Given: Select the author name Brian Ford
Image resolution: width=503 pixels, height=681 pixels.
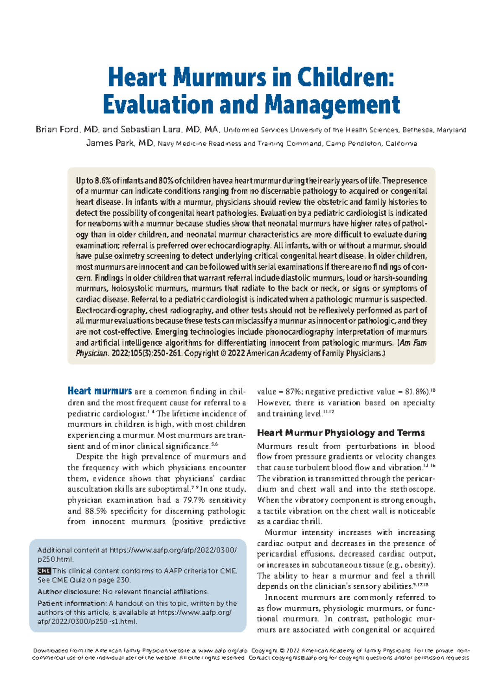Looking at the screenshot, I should click(57, 130).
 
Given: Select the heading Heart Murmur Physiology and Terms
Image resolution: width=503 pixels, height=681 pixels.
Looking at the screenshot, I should click(341, 433).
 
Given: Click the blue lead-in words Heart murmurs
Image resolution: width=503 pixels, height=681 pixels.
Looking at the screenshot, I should click(100, 391).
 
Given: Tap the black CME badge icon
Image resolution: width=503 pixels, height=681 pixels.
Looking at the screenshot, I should click(44, 571).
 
